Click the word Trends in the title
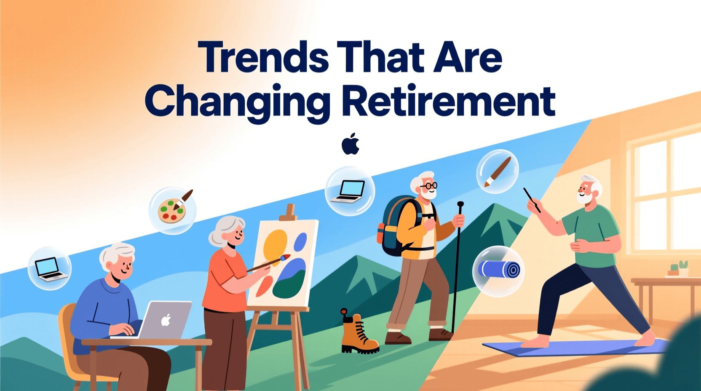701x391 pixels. click(263, 57)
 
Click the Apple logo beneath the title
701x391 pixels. click(350, 144)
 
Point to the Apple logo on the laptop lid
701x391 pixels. click(166, 320)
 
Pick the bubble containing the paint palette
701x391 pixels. click(172, 210)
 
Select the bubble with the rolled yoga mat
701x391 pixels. click(498, 271)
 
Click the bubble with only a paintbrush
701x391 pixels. click(497, 171)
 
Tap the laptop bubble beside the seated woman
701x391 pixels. click(50, 268)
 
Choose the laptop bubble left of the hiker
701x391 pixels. click(350, 191)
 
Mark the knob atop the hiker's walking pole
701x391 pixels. click(460, 204)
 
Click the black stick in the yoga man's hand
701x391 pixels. click(532, 200)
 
